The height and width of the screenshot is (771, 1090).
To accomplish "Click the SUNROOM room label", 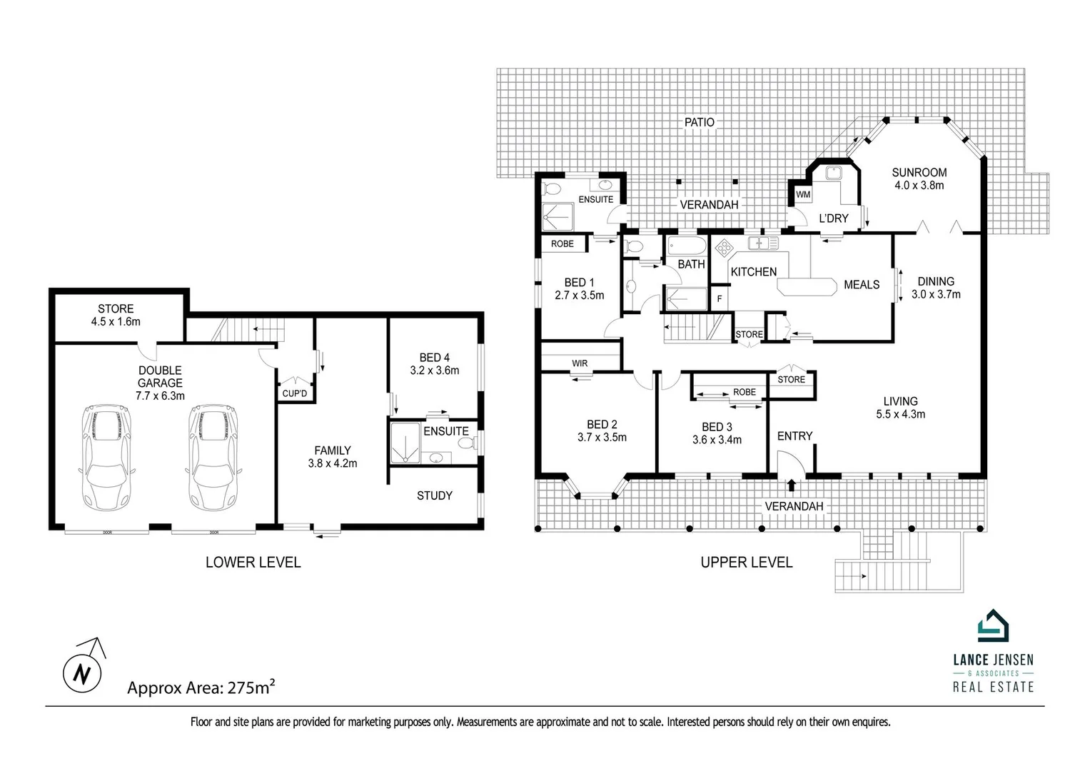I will click(919, 172).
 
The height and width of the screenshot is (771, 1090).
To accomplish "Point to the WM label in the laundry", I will click(803, 194).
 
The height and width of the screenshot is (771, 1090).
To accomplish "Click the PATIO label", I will click(699, 122).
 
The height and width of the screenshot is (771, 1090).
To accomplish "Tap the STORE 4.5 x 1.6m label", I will click(116, 315).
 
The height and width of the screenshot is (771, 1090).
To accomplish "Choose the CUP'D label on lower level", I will click(295, 393).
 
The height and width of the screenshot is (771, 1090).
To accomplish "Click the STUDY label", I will click(434, 495).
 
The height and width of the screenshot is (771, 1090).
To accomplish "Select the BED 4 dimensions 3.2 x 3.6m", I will click(434, 371).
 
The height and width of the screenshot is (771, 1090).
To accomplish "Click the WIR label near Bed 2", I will click(580, 363).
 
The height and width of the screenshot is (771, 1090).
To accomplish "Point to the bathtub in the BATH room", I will click(687, 247).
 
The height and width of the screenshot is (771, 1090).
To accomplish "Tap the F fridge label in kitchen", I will click(720, 298).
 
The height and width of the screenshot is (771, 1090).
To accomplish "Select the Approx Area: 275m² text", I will click(201, 687).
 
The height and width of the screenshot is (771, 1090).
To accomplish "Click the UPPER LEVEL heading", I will click(746, 563).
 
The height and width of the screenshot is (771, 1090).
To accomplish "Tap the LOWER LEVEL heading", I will click(253, 563).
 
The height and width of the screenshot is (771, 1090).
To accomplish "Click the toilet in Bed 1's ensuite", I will click(550, 190).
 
